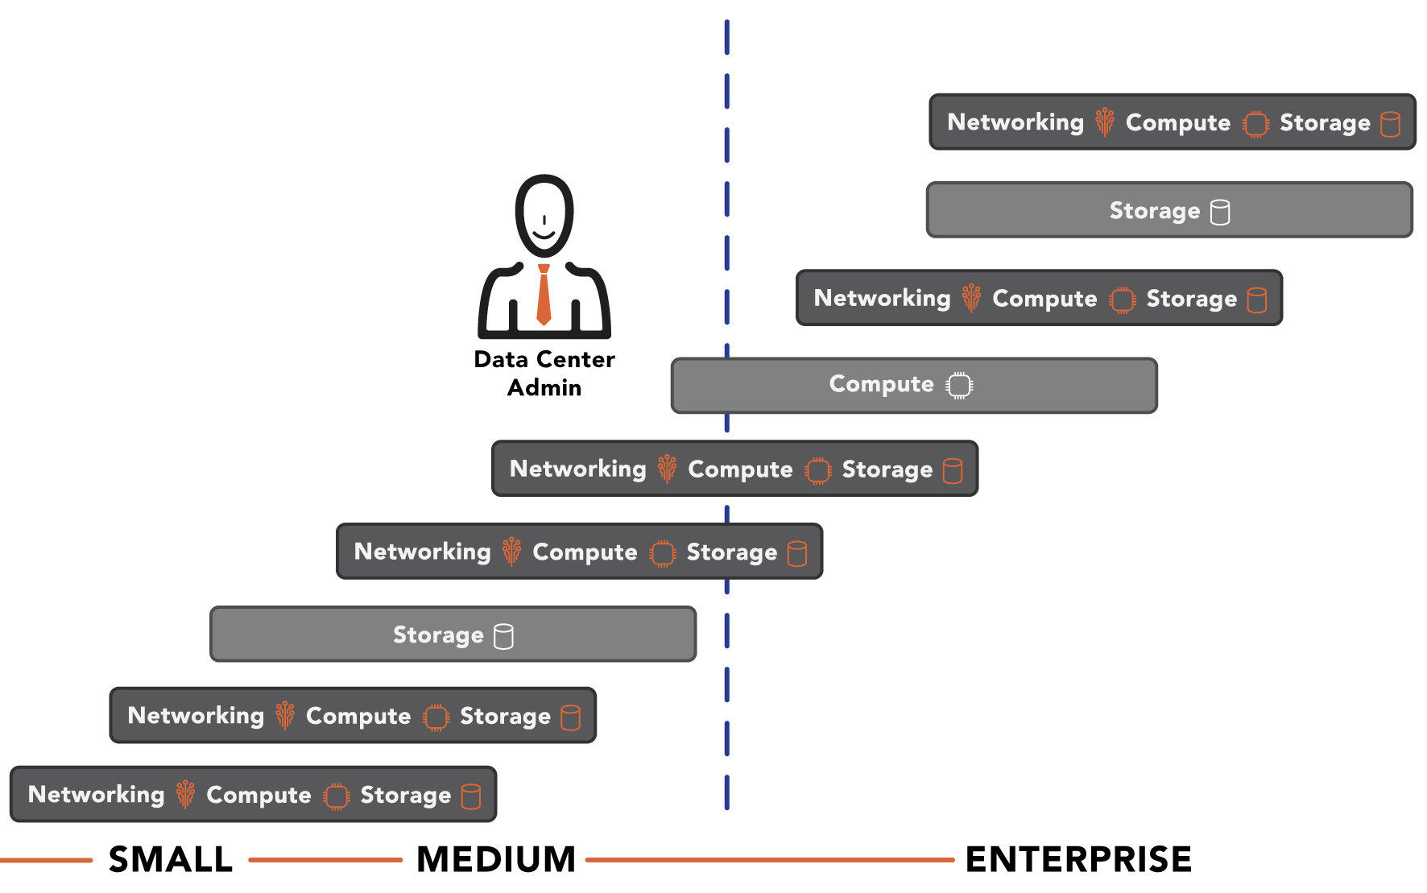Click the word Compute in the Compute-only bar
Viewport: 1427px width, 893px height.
[881, 385]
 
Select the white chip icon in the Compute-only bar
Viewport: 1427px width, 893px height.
[959, 386]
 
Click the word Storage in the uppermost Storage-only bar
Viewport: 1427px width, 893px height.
[1154, 211]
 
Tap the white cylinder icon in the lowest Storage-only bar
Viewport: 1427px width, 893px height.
[503, 636]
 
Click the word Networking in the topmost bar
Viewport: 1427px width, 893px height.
[1015, 122]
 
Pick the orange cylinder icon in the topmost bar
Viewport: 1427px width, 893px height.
[1390, 124]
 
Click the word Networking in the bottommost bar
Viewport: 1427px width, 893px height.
[96, 795]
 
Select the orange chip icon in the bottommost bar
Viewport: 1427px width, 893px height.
[336, 796]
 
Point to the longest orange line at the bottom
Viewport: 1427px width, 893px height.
[769, 860]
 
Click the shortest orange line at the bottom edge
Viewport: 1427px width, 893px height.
[46, 860]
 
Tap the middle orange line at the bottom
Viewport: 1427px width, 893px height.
[325, 860]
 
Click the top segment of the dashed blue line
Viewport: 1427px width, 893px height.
[726, 37]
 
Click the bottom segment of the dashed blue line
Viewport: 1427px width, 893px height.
[726, 792]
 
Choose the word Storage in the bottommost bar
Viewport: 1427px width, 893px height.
[405, 796]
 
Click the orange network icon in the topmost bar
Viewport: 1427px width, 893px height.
[1104, 122]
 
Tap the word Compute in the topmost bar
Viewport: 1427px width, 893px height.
[1177, 123]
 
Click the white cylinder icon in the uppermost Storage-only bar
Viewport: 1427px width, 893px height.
[1220, 212]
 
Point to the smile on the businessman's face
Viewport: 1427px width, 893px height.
[544, 234]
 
